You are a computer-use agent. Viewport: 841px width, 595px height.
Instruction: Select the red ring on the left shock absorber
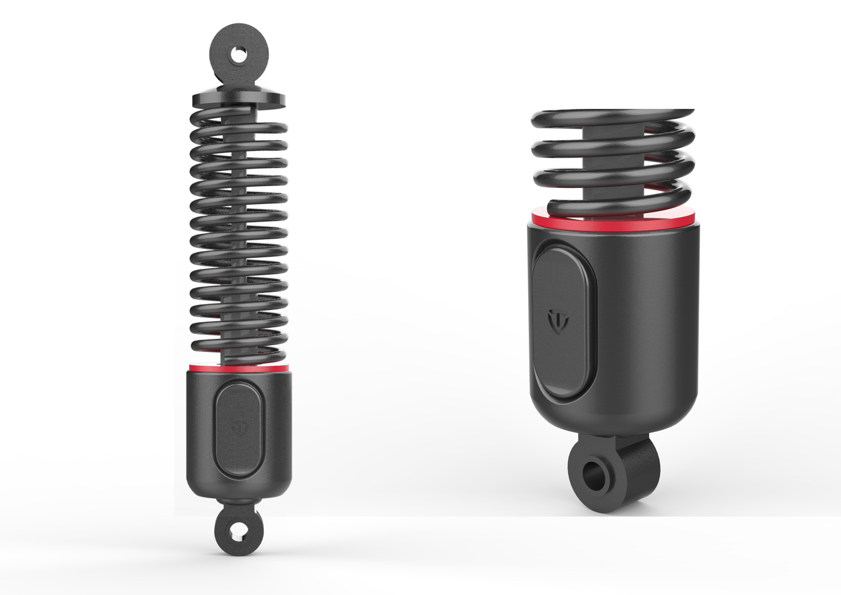239,368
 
